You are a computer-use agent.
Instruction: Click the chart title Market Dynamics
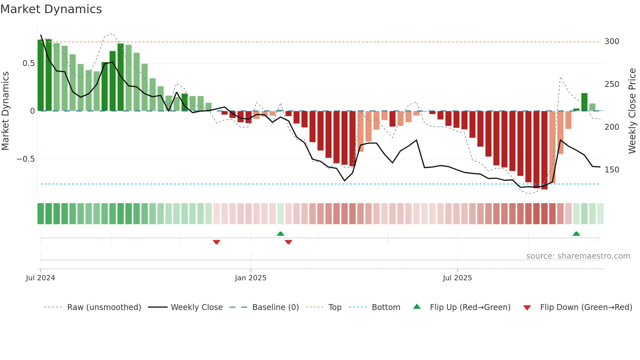51,9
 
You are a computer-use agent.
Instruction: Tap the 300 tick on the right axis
612,41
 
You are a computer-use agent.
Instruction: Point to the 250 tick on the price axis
612,84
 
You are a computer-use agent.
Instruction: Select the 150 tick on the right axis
612,170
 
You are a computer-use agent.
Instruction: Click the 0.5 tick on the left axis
28,63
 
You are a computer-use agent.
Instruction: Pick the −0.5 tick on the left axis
26,159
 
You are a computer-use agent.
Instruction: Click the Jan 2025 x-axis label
250,278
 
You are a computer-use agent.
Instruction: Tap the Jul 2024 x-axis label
40,278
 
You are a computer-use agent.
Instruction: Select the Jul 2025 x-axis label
457,278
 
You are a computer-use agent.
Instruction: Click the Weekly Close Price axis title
632,111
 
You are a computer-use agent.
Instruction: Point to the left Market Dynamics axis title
5,111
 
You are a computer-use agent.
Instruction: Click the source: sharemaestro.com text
578,256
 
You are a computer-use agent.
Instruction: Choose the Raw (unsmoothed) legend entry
104,307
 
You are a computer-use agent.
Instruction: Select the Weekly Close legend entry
197,307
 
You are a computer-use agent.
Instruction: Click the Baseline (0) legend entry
275,307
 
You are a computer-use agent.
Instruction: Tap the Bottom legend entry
386,307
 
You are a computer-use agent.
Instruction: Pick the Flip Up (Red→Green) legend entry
470,307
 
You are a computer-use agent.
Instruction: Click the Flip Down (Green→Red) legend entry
586,307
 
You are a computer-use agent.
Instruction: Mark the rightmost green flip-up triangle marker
576,234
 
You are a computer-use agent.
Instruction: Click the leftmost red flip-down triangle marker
216,242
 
